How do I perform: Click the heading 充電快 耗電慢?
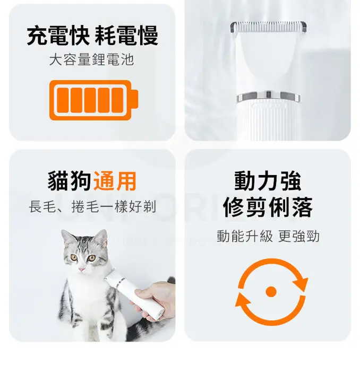point(92,36)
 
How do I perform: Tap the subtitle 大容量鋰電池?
point(91,60)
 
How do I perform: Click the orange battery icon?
point(93,100)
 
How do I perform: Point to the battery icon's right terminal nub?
point(134,100)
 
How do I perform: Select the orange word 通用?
point(115,181)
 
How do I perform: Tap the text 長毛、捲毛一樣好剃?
point(92,207)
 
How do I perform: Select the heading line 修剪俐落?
point(268,207)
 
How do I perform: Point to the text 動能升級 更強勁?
point(268,236)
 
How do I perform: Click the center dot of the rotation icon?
point(271,291)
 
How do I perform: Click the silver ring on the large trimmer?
point(268,97)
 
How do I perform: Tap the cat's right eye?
point(92,258)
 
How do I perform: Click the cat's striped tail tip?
point(171,280)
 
